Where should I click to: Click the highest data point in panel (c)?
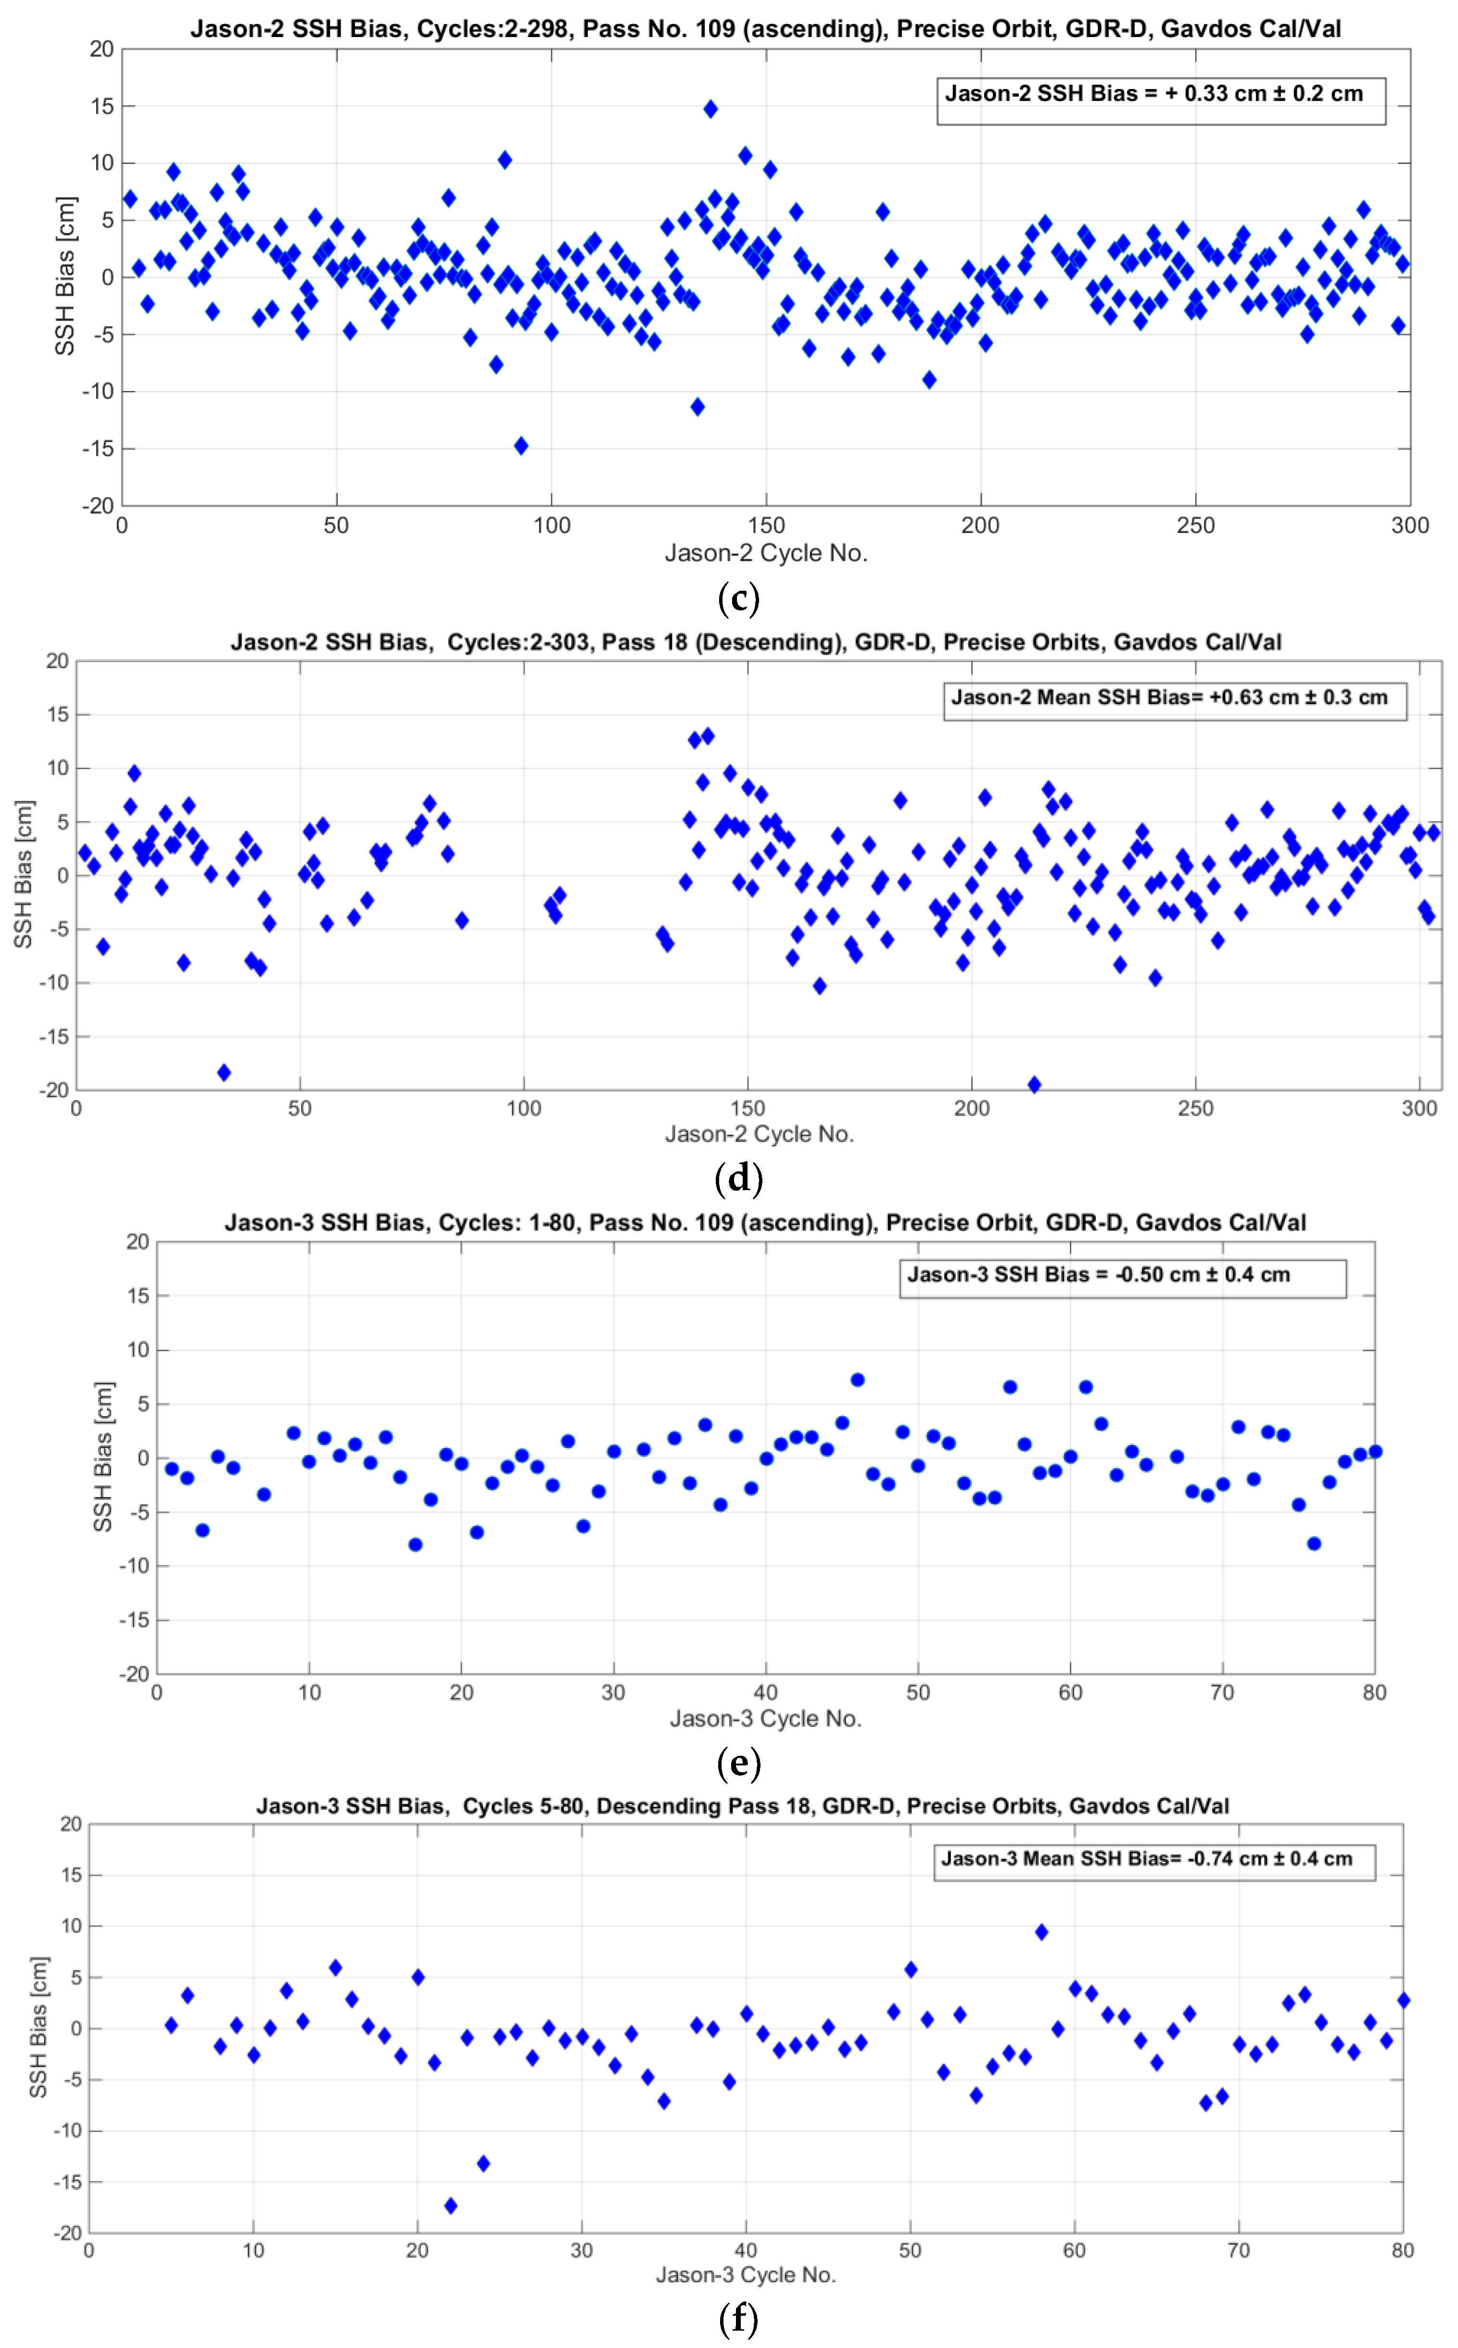(710, 109)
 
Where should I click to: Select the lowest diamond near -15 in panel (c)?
(520, 445)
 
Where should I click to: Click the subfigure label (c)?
(739, 599)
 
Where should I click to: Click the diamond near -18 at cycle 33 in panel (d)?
(224, 1072)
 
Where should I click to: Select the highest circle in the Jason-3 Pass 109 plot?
(857, 1380)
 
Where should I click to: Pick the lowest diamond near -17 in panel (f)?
(450, 2205)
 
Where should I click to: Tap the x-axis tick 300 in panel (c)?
(1410, 525)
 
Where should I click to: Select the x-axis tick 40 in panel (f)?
(746, 2251)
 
